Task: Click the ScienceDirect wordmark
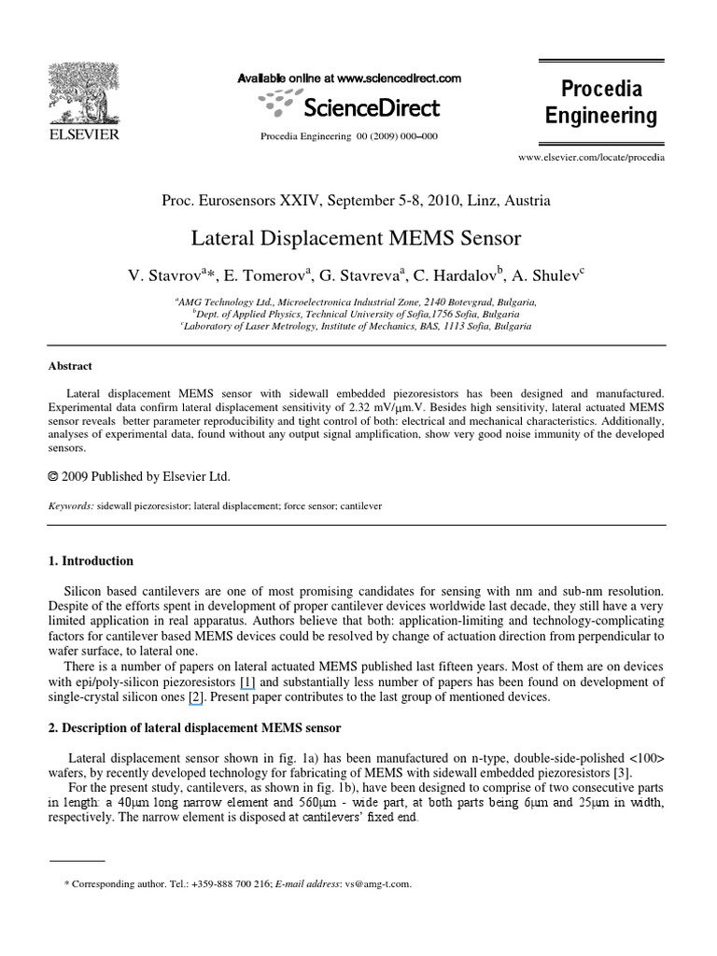click(371, 108)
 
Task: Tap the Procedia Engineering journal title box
click(601, 104)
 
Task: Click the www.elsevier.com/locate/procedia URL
click(591, 159)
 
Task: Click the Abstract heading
click(71, 367)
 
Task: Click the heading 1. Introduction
click(91, 561)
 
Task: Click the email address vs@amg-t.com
click(377, 883)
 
